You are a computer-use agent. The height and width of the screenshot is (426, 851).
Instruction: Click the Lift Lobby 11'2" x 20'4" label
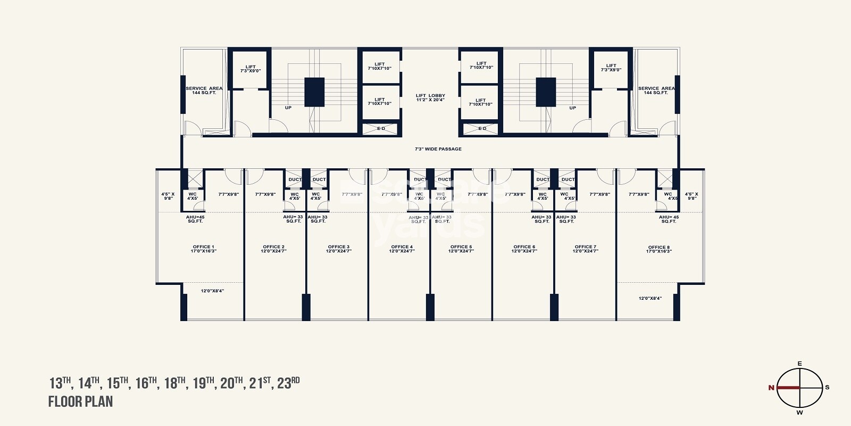[x=430, y=97]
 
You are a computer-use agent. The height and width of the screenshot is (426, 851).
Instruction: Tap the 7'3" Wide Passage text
[x=438, y=149]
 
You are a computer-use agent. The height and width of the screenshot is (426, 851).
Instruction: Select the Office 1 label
[x=203, y=249]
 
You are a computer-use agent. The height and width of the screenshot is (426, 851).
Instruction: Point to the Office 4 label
[x=402, y=249]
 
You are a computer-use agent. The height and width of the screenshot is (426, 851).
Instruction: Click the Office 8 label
[x=659, y=249]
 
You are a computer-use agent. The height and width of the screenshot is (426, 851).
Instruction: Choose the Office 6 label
[x=524, y=249]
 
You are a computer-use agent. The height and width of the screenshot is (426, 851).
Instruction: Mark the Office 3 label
[x=339, y=249]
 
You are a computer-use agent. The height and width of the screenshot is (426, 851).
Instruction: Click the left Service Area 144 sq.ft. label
[x=204, y=91]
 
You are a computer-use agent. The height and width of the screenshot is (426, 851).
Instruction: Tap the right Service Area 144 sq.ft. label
[x=656, y=91]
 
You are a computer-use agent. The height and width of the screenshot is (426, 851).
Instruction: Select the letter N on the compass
[x=771, y=388]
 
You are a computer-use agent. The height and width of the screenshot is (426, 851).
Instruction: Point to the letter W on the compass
[x=799, y=412]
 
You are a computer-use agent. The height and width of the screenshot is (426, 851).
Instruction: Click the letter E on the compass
[x=799, y=364]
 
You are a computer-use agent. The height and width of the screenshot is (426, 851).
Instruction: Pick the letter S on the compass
[x=827, y=388]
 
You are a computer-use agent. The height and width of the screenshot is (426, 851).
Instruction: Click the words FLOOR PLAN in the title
[x=80, y=402]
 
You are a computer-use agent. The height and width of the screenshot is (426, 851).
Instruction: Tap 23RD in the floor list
[x=288, y=383]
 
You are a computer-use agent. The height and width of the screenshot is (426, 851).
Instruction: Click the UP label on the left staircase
[x=288, y=108]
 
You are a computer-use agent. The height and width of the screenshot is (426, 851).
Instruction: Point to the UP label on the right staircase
[x=572, y=108]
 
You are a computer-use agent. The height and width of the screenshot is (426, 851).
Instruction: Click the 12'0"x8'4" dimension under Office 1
[x=212, y=291]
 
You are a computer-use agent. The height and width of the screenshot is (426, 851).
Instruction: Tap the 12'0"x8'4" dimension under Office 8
[x=650, y=298]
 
